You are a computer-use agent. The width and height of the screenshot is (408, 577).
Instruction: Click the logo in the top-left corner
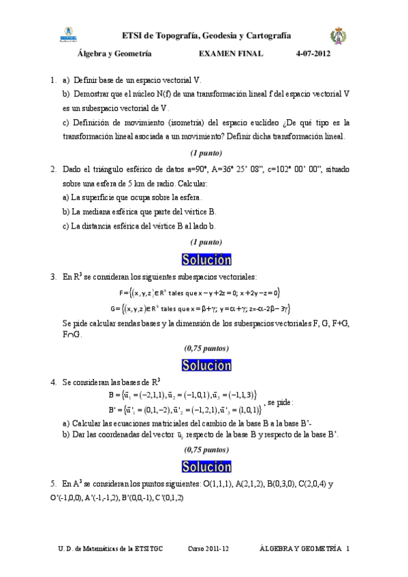click(68, 33)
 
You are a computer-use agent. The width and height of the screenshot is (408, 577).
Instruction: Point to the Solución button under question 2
click(206, 259)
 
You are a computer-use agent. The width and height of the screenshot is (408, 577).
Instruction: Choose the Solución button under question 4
click(206, 466)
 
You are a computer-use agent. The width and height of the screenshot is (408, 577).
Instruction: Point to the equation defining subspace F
click(200, 292)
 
